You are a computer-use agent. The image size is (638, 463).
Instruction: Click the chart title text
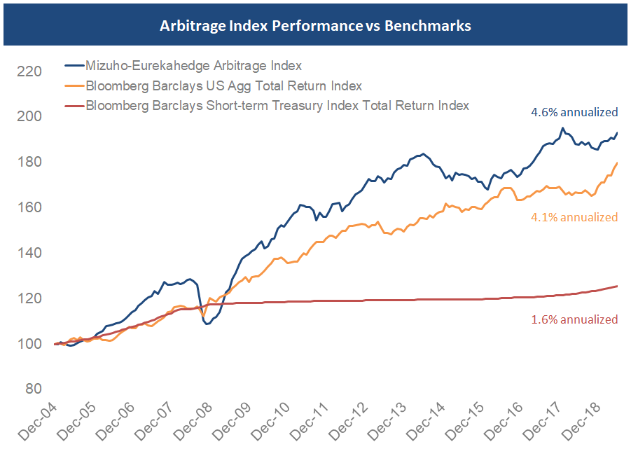coord(315,26)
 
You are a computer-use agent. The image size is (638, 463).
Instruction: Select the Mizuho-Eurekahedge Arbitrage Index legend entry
coord(193,66)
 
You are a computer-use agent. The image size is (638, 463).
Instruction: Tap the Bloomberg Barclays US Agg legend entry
coord(223,86)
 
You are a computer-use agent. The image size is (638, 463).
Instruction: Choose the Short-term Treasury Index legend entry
coord(277,106)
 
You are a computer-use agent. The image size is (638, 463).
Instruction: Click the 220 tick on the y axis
coord(31,71)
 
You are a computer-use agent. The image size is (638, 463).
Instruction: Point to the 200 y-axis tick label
coord(31,117)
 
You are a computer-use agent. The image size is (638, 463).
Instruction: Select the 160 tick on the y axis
coord(31,208)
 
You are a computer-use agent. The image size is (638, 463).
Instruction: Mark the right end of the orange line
coord(617,163)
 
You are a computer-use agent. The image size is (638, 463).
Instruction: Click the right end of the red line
coord(617,286)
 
